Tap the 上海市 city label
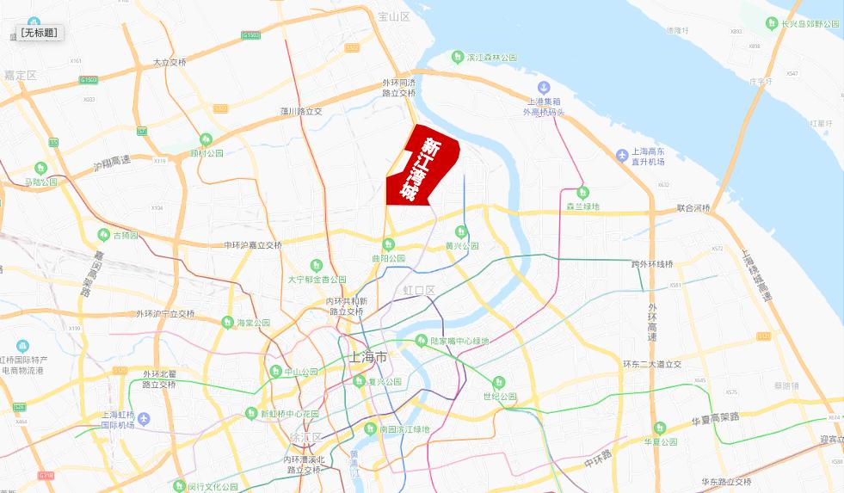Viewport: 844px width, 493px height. coord(369,356)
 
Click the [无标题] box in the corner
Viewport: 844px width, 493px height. coord(40,33)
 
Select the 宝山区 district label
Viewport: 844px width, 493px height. coord(394,16)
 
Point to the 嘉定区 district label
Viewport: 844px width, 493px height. coord(20,76)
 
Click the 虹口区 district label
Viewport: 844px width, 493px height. coord(420,290)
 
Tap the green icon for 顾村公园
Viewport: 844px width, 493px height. coord(206,139)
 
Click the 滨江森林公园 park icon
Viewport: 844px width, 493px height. coord(459,57)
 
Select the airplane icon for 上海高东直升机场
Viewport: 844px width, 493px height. coord(623,154)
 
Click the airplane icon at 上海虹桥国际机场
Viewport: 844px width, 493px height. coord(144,418)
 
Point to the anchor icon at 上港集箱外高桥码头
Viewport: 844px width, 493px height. coord(544,87)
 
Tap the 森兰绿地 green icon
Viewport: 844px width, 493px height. coord(582,192)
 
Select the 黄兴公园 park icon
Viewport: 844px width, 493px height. coord(461,231)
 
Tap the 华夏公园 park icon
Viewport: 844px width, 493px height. coord(660,428)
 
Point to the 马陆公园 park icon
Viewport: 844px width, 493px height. coord(40,168)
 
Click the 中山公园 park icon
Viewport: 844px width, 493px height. coord(276,372)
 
